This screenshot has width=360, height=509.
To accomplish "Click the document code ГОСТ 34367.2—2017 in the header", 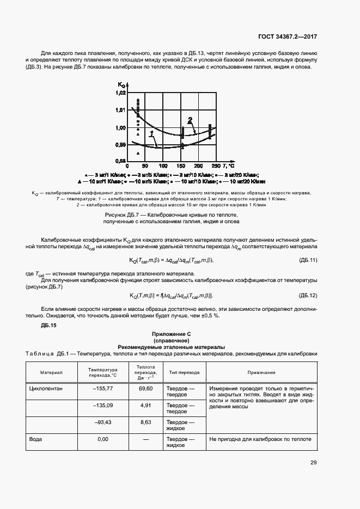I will click(287, 37).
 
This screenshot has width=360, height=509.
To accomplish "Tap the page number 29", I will click(313, 463).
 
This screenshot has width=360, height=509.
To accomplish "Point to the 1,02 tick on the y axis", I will click(121, 93).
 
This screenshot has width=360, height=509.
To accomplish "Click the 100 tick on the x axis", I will click(163, 165).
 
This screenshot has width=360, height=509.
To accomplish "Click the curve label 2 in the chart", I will click(190, 120).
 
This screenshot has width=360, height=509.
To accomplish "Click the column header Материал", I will click(52, 372).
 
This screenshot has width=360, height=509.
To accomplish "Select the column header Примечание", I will click(261, 372).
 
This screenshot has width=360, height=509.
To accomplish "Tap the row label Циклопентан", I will click(47, 388).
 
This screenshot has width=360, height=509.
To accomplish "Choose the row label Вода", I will click(36, 439).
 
